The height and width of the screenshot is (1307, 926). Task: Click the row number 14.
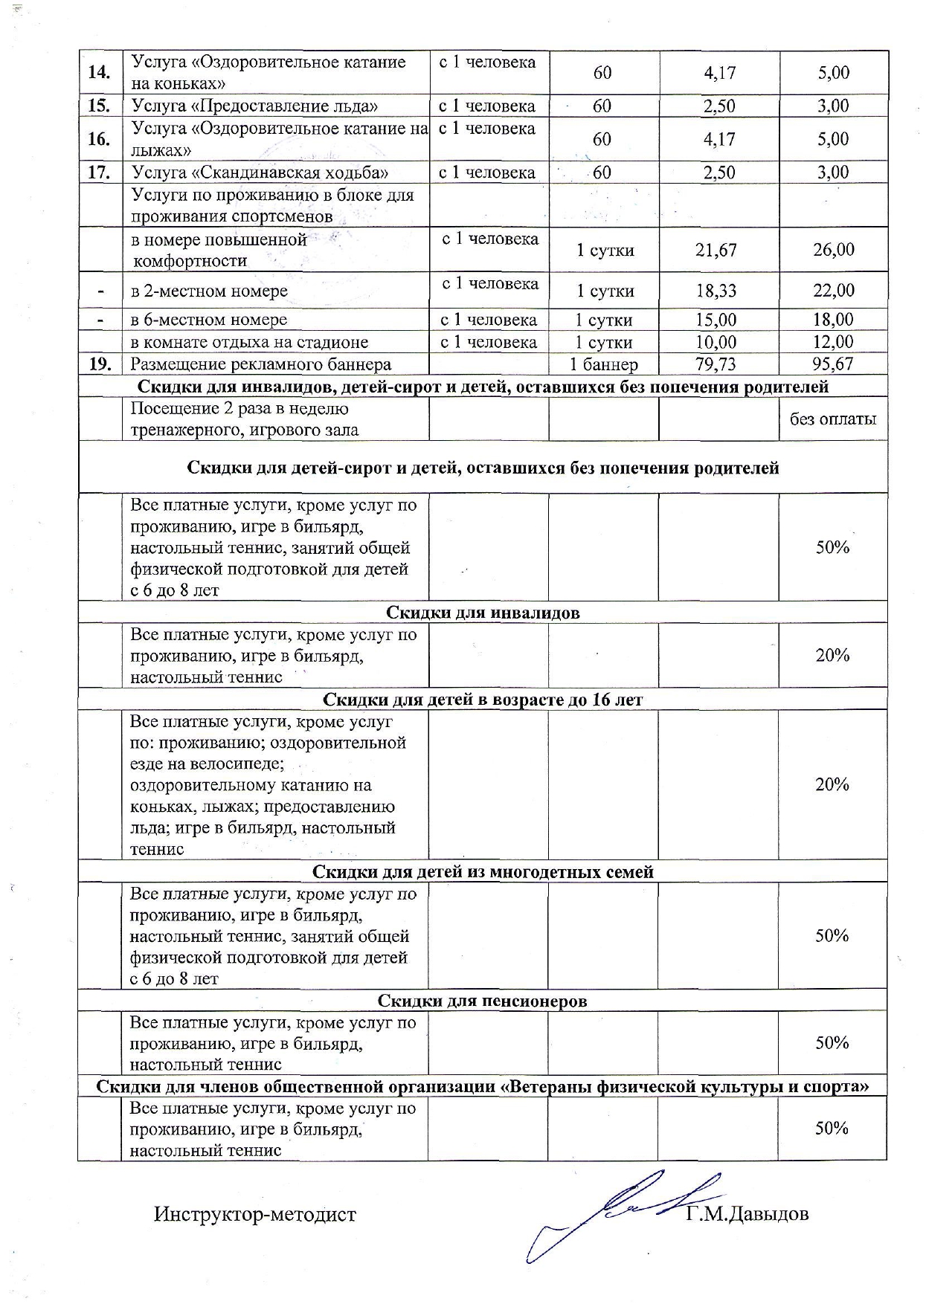[100, 72]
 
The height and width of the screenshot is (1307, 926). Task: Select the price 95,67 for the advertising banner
[833, 364]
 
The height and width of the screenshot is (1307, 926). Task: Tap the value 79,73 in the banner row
[718, 364]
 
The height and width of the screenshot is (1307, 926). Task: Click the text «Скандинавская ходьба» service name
[260, 172]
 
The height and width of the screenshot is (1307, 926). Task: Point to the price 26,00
[833, 250]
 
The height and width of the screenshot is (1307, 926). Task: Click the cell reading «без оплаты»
[833, 419]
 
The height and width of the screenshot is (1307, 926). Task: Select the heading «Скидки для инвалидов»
[483, 613]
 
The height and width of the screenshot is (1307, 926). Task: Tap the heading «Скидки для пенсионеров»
[483, 1001]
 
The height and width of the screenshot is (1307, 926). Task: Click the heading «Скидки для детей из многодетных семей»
[483, 871]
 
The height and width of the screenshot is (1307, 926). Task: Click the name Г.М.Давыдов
[747, 1215]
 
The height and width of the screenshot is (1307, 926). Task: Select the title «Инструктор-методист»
[255, 1215]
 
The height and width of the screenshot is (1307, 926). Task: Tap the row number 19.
[100, 364]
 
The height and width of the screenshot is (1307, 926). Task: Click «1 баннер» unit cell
[603, 364]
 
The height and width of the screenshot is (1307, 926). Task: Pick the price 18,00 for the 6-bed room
[833, 320]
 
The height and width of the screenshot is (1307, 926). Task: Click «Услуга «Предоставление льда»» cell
[255, 106]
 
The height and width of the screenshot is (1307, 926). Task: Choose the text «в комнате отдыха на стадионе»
[250, 343]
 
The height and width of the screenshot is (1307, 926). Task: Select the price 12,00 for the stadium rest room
[833, 342]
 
